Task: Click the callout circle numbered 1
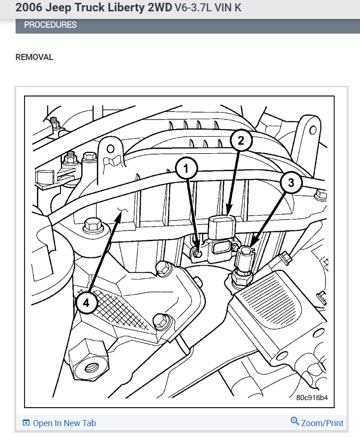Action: (186, 168)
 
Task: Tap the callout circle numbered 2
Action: (241, 140)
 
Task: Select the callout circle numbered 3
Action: (291, 183)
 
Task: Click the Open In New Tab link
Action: (64, 423)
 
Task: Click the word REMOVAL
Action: (34, 57)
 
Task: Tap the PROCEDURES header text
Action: (50, 25)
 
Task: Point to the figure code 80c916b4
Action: (312, 397)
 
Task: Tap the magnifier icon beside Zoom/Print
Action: (295, 422)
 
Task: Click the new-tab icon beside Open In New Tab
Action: (26, 423)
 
